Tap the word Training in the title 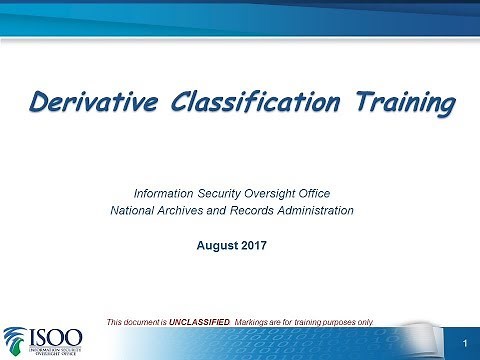pyautogui.click(x=391, y=102)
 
